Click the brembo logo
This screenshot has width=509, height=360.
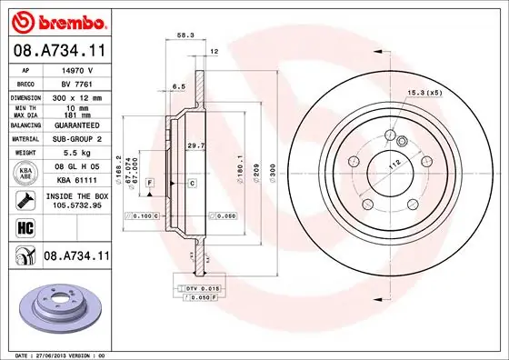click(56, 20)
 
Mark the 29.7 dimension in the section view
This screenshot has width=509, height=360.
click(195, 145)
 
